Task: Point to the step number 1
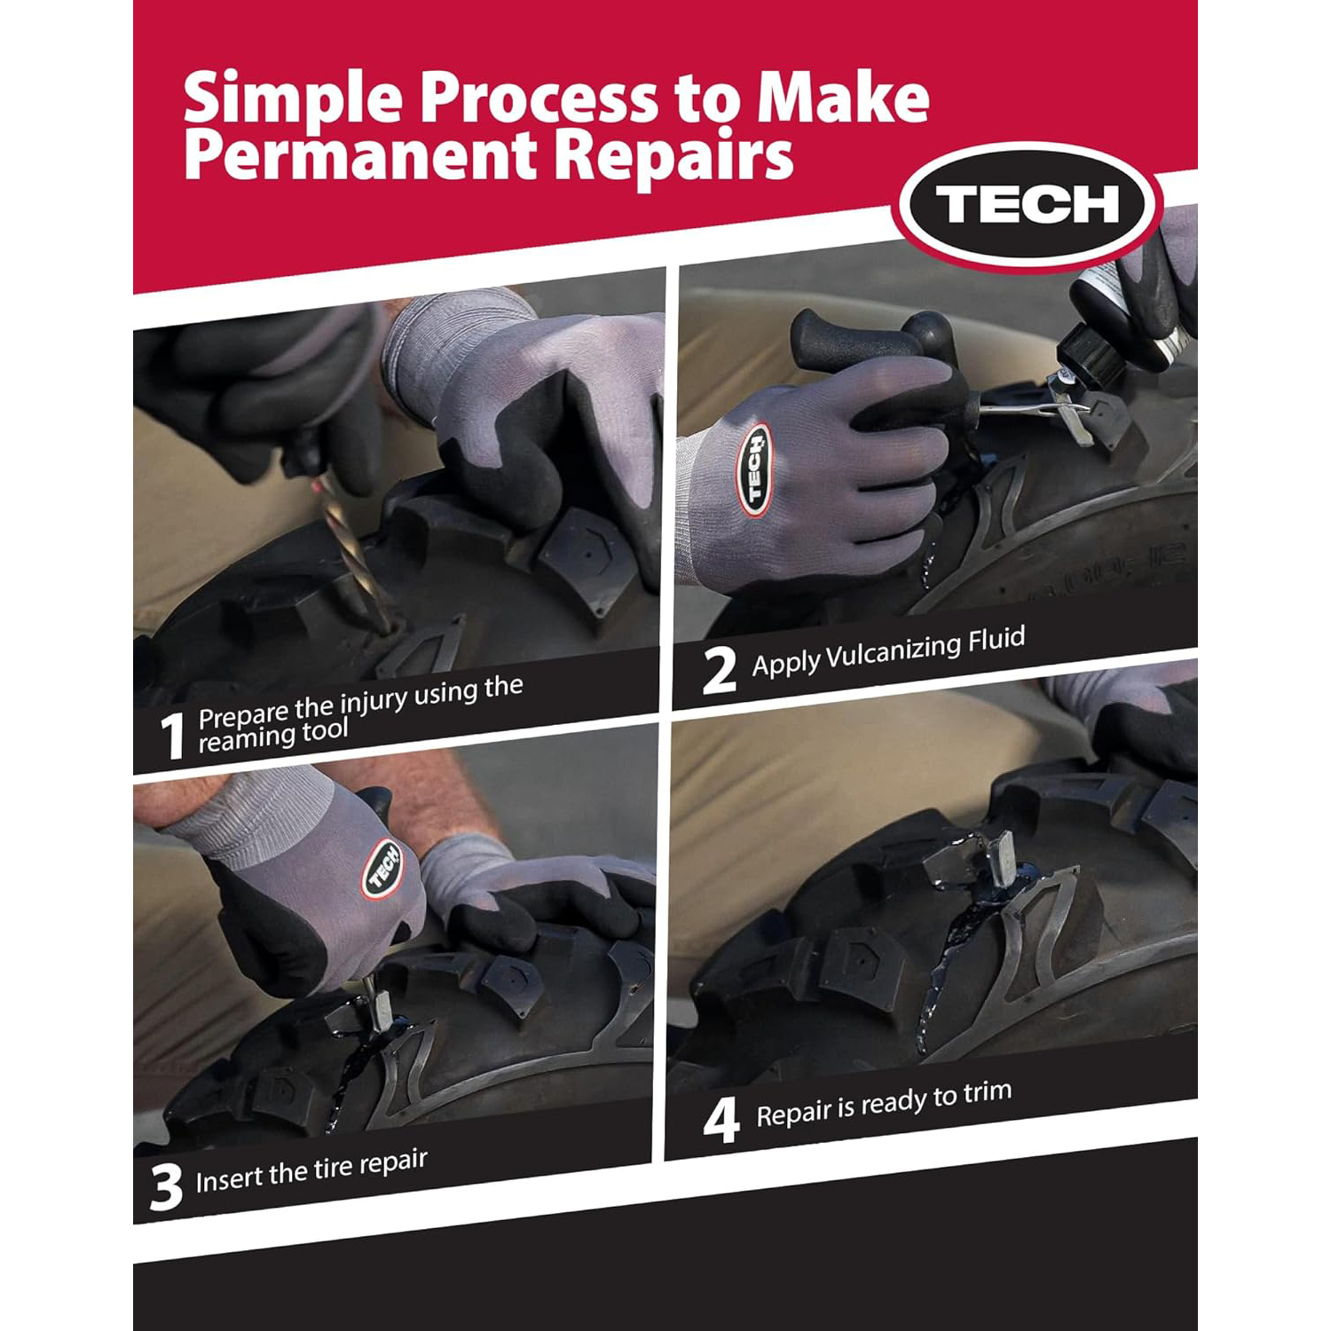171,736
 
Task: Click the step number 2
719,671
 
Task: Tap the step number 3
165,1187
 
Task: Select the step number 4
721,1122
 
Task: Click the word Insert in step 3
229,1179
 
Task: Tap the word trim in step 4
987,1092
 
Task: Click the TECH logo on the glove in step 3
382,868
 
